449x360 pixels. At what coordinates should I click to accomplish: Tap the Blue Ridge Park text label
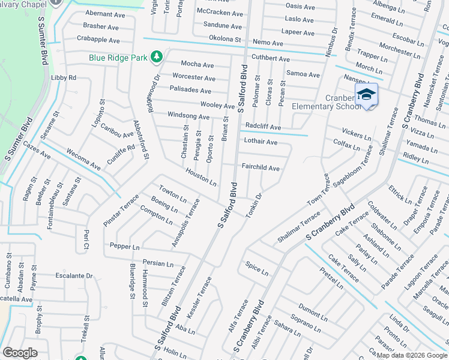118,58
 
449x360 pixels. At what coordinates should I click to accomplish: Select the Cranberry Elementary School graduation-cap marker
366,95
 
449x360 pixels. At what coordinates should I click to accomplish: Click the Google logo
20,353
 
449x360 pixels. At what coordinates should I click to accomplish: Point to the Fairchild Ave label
261,169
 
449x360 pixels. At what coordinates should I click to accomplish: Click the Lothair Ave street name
261,142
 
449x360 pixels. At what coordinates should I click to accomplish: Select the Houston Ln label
200,176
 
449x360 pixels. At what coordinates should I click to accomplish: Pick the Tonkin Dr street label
254,205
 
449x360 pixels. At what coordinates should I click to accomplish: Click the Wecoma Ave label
83,158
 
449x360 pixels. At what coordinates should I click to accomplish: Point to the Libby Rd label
64,78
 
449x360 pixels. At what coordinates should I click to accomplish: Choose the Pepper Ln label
124,247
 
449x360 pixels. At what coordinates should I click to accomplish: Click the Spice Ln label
256,268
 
